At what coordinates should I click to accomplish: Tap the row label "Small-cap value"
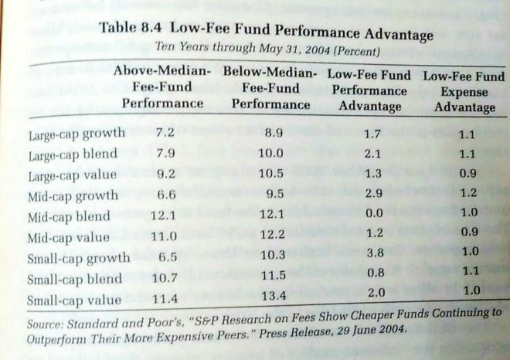tap(75, 300)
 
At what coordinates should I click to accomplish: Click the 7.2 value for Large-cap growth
tap(165, 132)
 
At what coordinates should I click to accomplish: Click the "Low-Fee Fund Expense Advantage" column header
tap(464, 92)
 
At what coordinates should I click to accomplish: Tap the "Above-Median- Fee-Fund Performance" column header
tap(162, 87)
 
